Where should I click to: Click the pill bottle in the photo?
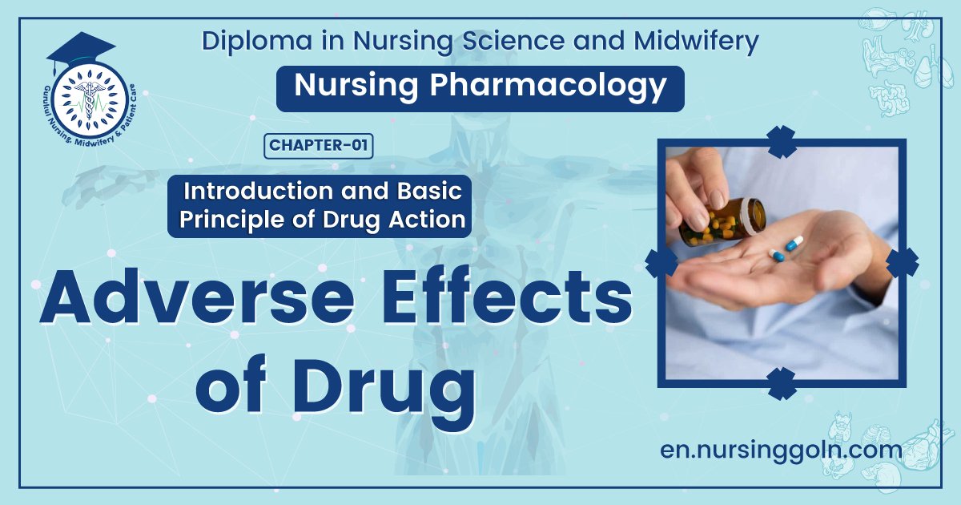tap(725, 220)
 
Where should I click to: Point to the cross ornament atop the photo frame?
tap(781, 142)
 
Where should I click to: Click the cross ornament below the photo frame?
tap(781, 383)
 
